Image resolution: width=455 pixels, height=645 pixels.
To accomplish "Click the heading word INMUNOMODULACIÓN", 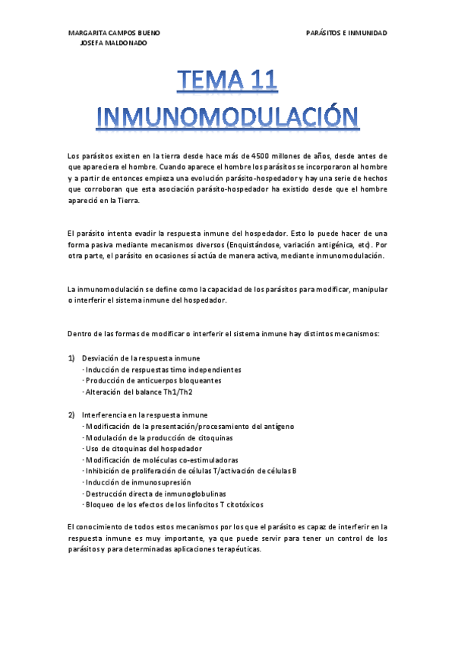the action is [x=227, y=116].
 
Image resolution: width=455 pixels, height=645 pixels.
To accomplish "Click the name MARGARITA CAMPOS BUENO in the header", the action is [x=114, y=33].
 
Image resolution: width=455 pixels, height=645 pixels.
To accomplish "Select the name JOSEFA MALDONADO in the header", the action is [x=114, y=43].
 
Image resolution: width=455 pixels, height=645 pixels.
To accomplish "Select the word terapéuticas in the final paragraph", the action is [x=236, y=550].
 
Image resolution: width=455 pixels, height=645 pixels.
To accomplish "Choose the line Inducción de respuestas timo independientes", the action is [x=163, y=369].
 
